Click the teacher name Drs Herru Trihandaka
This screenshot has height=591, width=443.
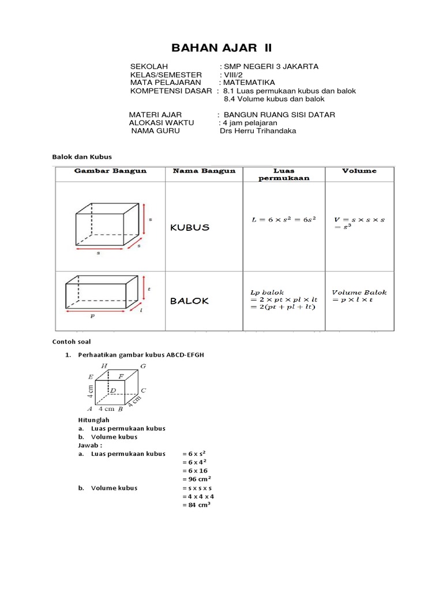258,131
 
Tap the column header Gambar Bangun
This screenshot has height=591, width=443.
110,171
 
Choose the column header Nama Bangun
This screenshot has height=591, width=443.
204,171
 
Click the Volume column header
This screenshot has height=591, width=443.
359,171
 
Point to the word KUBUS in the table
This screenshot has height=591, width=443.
190,227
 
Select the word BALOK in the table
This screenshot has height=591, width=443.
190,301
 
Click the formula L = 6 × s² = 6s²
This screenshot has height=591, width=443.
283,220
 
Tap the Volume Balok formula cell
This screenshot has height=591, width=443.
359,297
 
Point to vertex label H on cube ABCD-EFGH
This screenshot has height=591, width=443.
104,366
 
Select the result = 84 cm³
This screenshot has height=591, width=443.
196,506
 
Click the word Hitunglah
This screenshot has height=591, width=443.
93,420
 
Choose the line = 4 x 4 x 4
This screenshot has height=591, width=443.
198,496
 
